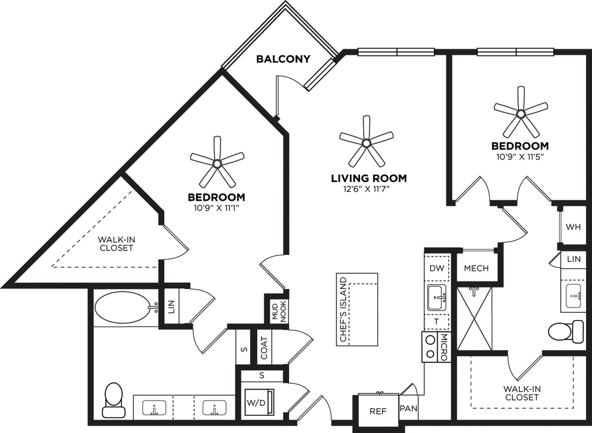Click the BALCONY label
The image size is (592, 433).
[x=283, y=59]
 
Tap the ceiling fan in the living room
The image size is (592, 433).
[x=366, y=142]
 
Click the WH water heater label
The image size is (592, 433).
[x=573, y=227]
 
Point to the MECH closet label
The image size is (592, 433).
[x=476, y=268]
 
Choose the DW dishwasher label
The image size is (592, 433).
[x=437, y=268]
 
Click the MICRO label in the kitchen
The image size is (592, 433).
[x=444, y=347]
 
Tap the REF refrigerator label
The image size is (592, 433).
[x=378, y=411]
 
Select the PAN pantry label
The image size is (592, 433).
[x=409, y=409]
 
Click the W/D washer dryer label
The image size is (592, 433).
[x=256, y=403]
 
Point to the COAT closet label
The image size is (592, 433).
[x=264, y=348]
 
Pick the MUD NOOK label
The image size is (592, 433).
[x=279, y=312]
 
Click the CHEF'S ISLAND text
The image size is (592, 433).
[x=343, y=309]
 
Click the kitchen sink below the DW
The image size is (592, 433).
[x=437, y=298]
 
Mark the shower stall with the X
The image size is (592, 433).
[x=474, y=319]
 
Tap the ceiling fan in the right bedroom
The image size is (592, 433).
[x=521, y=113]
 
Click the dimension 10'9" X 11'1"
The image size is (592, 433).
[x=216, y=208]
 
